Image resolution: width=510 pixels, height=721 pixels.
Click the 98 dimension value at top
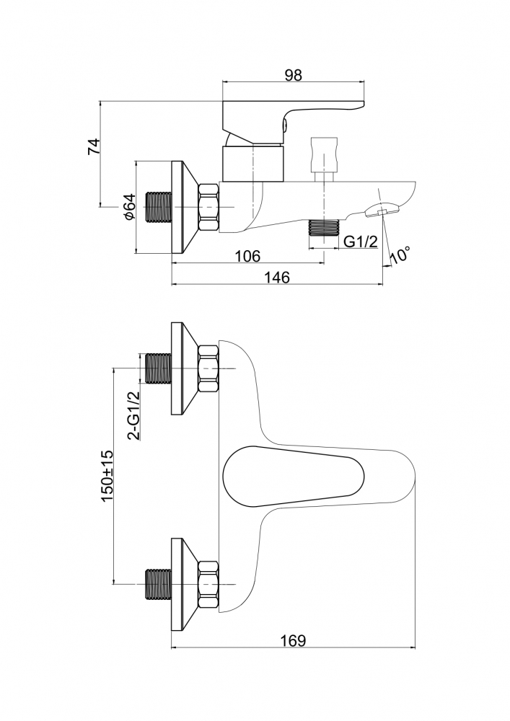(293, 75)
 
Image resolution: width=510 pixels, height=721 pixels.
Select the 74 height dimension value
(94, 146)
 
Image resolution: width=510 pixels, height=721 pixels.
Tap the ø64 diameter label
(129, 207)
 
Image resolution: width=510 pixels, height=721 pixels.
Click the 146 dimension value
(276, 278)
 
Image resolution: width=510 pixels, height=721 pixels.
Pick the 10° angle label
(400, 255)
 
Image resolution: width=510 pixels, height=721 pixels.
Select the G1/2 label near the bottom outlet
(361, 242)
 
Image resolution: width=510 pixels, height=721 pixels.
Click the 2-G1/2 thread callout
(133, 416)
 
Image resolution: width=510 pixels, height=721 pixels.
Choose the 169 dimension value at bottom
(292, 640)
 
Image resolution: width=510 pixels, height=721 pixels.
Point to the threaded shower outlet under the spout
(324, 228)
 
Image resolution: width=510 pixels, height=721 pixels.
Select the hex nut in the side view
(208, 207)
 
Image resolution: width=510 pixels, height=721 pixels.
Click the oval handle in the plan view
(293, 476)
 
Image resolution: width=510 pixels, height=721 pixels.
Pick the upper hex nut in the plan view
(208, 368)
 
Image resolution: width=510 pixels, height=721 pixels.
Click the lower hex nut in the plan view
(208, 585)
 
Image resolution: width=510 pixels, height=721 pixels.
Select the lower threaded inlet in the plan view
(158, 585)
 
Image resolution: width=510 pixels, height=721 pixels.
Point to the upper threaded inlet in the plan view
(158, 368)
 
